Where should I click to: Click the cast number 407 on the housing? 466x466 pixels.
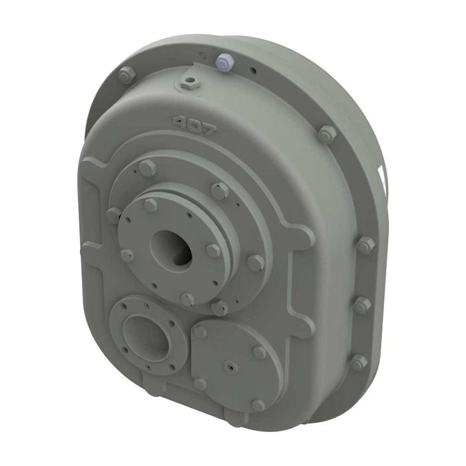194,126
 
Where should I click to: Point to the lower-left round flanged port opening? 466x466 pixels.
144,335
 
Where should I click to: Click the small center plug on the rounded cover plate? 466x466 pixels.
229,365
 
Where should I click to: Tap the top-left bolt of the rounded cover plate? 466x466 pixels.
200,331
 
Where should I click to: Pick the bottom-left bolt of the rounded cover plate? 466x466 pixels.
200,383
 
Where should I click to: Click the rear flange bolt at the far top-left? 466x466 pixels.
124,75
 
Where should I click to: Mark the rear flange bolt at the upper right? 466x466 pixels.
326,134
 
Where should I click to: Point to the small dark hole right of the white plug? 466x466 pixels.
252,69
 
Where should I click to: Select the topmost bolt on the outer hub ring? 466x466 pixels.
147,168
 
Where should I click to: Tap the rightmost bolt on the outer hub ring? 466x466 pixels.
256,262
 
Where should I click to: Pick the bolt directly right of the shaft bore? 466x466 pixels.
213,250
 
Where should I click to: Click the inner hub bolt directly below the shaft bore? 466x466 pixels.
188,300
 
